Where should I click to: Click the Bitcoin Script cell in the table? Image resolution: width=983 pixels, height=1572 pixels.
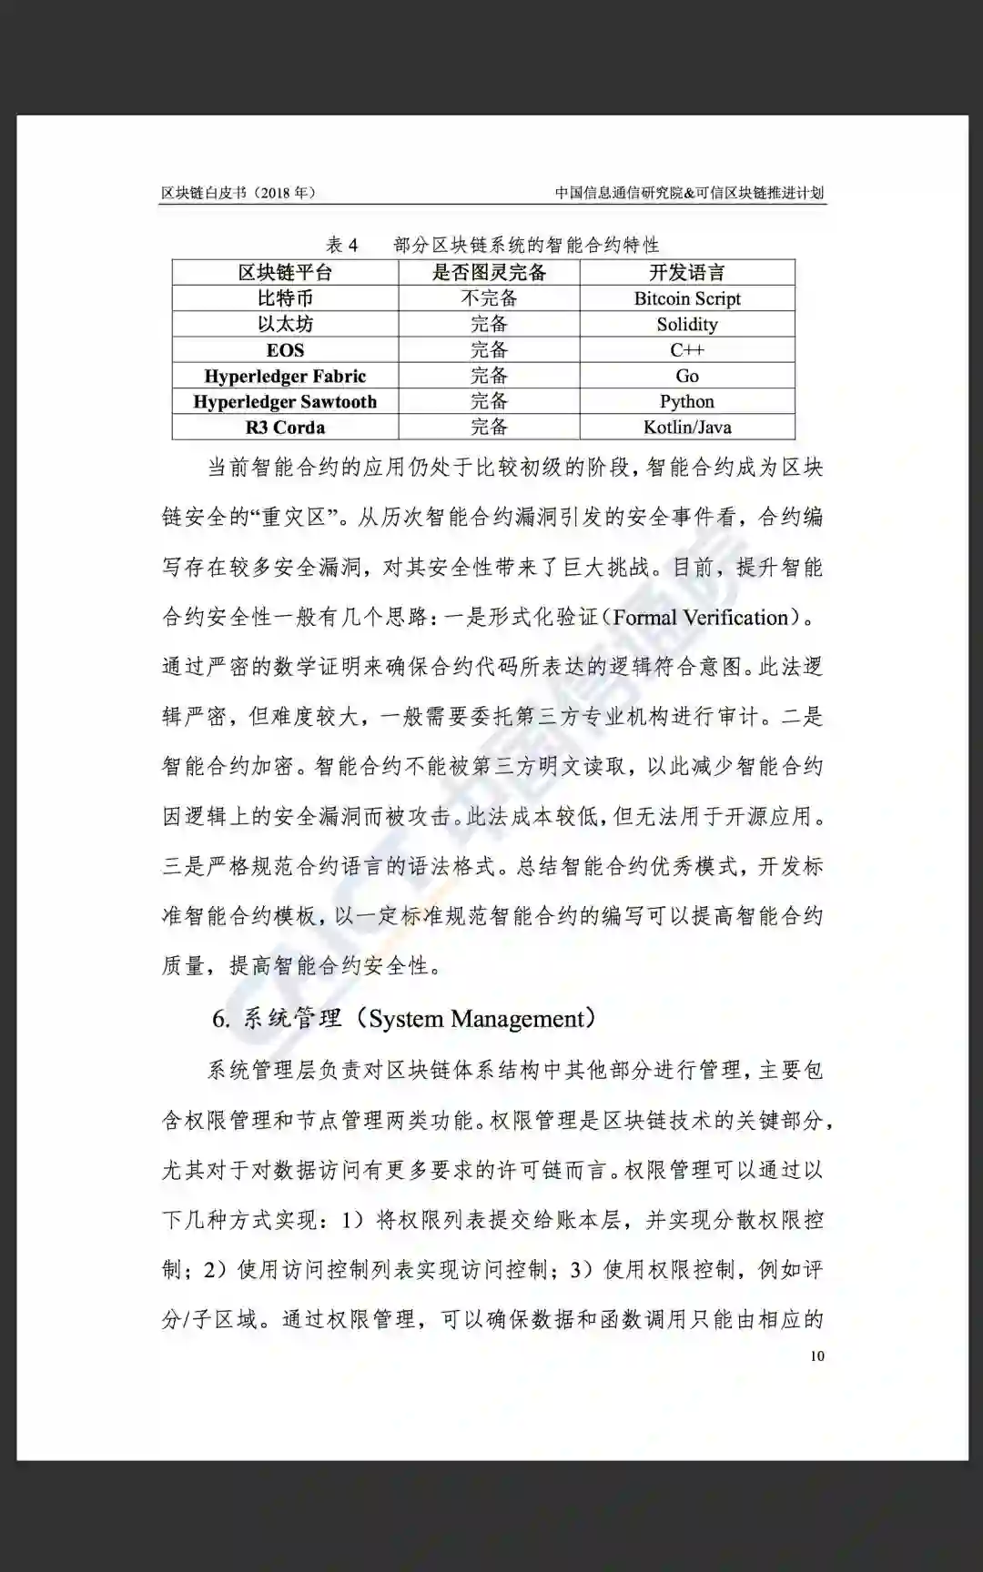pyautogui.click(x=687, y=298)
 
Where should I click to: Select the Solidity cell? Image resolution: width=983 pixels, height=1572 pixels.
pyautogui.click(x=687, y=325)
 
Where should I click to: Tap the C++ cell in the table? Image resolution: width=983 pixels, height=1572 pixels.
pyautogui.click(x=687, y=350)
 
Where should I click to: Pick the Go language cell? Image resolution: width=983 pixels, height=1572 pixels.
pyautogui.click(x=687, y=376)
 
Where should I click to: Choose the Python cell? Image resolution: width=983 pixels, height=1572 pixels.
pyautogui.click(x=687, y=401)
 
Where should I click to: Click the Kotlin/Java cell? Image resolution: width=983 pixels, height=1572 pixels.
pyautogui.click(x=687, y=427)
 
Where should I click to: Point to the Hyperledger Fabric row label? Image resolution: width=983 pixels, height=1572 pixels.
pyautogui.click(x=285, y=376)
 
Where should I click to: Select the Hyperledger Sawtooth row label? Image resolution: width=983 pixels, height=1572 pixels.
pyautogui.click(x=285, y=401)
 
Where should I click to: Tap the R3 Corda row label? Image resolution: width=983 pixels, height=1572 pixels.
pyautogui.click(x=285, y=427)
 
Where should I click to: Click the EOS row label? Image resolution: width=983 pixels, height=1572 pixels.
pyautogui.click(x=285, y=350)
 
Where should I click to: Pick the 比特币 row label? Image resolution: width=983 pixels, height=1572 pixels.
pyautogui.click(x=285, y=298)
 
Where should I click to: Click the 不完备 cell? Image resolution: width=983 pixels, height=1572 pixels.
pyautogui.click(x=489, y=298)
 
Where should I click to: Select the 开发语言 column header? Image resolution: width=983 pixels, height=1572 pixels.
pyautogui.click(x=687, y=272)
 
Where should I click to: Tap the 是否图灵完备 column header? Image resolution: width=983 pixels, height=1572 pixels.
pyautogui.click(x=489, y=272)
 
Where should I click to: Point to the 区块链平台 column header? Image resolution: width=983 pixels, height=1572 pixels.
pyautogui.click(x=285, y=272)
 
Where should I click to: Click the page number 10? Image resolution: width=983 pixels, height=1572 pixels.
pyautogui.click(x=816, y=1355)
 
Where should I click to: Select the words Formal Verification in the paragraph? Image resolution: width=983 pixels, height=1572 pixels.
pyautogui.click(x=700, y=618)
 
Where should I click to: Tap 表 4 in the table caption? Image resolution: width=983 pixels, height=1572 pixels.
pyautogui.click(x=342, y=245)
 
